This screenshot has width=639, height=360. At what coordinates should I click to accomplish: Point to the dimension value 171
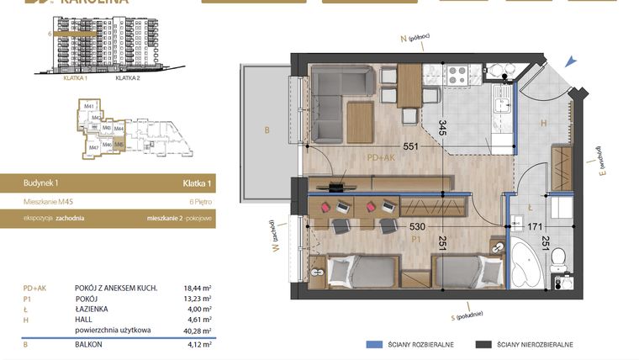(x=534, y=226)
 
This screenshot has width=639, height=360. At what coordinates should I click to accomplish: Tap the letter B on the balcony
(x=267, y=130)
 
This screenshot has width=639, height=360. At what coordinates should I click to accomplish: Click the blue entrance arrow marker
(x=572, y=61)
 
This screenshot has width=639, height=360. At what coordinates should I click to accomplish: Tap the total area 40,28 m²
(x=198, y=331)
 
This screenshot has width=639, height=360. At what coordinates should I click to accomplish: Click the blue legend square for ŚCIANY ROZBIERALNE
(x=372, y=345)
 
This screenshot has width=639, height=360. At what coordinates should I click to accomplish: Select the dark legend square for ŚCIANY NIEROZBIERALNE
(x=483, y=345)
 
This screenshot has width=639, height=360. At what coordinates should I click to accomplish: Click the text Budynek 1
(x=41, y=183)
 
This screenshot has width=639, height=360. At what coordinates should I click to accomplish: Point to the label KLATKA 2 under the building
(x=127, y=77)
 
